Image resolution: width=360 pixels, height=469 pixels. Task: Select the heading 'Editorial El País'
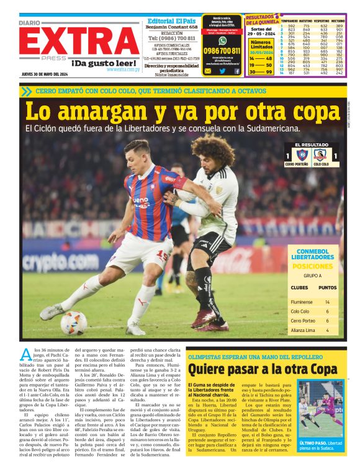point(172,20)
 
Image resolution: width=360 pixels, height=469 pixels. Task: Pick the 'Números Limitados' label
point(261,45)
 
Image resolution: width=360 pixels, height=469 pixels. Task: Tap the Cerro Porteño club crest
point(302,155)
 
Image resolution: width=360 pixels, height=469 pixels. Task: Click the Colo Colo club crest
point(320,155)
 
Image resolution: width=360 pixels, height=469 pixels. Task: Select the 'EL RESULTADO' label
point(312,145)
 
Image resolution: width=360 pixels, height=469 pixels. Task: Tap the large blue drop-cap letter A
point(27,355)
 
